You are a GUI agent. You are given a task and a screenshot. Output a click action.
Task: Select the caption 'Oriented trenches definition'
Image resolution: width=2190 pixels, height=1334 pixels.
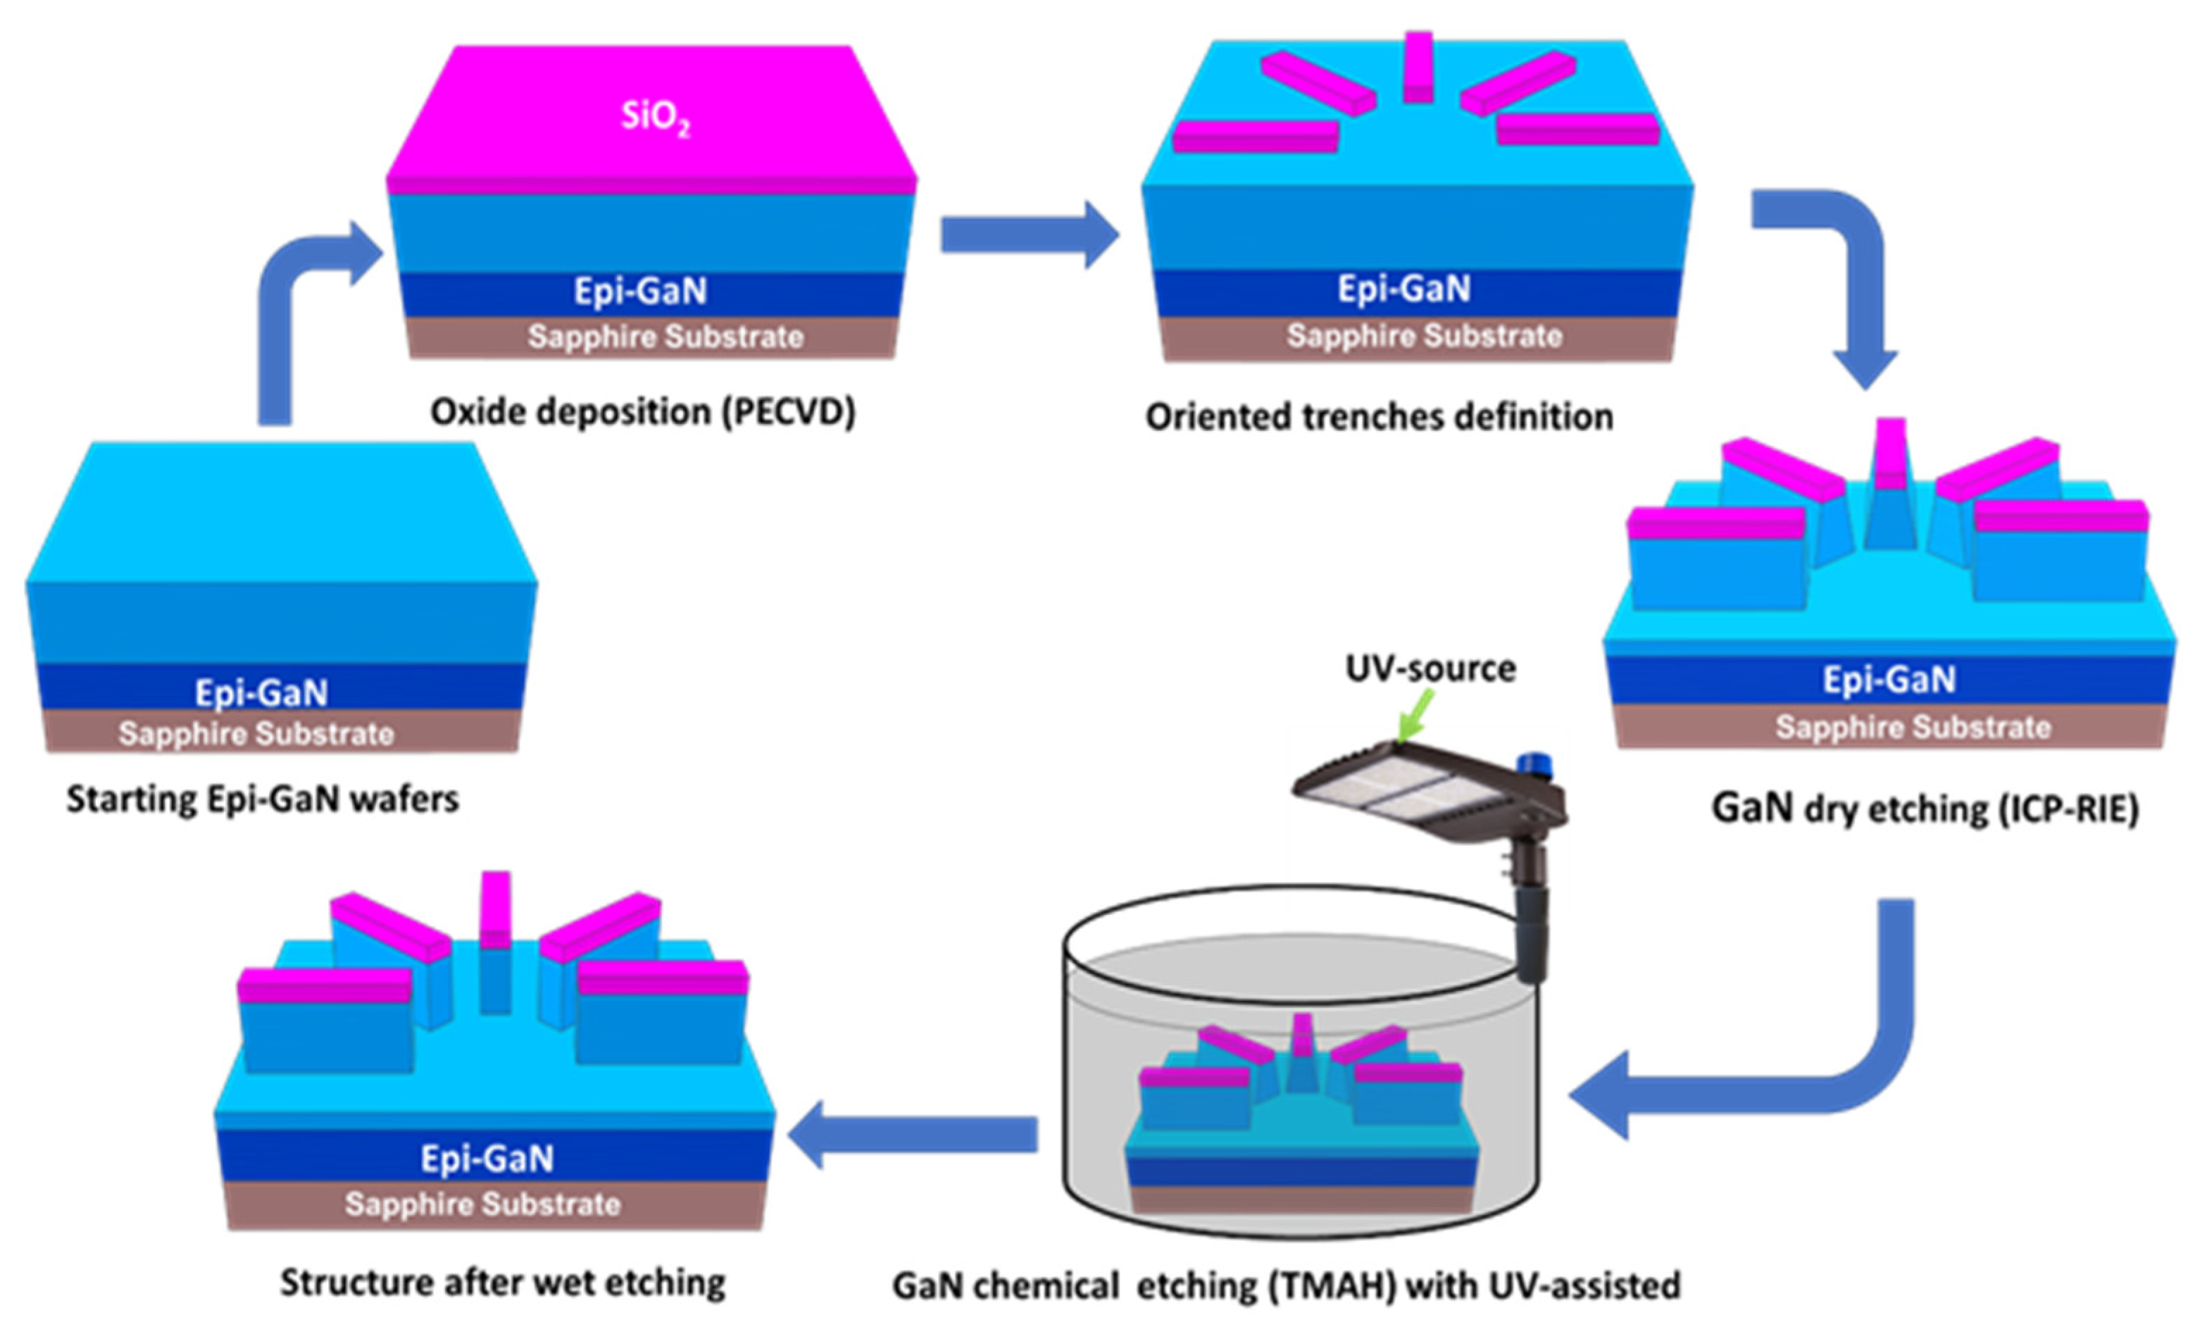(1379, 417)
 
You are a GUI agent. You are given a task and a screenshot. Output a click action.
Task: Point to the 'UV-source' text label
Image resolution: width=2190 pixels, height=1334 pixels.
(1430, 668)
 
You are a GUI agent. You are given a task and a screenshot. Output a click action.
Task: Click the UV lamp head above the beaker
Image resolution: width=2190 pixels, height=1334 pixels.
(1404, 787)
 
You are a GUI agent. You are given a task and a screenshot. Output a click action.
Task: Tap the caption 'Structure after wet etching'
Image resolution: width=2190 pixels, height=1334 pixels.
(503, 1283)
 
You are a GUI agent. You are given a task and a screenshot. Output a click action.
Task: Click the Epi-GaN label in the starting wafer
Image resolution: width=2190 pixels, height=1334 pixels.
(261, 692)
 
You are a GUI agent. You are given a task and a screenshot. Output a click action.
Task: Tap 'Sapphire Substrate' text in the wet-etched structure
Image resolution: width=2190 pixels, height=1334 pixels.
(482, 1204)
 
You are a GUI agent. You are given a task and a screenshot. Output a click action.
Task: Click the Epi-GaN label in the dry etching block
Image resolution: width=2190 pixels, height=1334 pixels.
(1889, 680)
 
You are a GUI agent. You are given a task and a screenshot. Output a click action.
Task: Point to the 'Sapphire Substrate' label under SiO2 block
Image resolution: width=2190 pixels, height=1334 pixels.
(665, 337)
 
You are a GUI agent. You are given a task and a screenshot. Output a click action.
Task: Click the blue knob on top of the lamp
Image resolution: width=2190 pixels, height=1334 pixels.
(1532, 764)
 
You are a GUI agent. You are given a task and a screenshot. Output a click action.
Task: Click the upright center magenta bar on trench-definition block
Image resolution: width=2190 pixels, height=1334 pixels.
(1418, 67)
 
